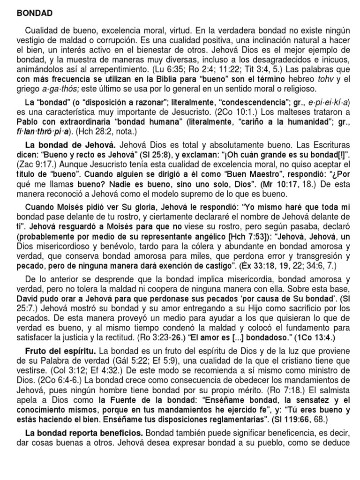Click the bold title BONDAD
click(x=35, y=13)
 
